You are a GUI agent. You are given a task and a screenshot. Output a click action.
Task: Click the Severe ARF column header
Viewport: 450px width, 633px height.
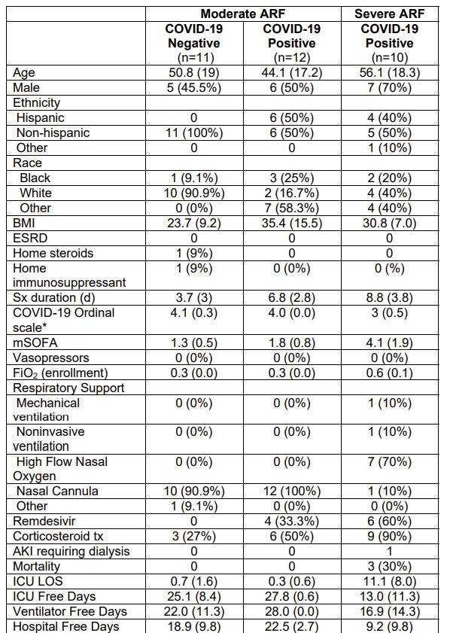[390, 14]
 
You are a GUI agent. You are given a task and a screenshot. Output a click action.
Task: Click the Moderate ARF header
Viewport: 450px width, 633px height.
[243, 14]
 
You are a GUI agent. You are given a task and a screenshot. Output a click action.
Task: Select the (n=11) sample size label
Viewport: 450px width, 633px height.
[194, 58]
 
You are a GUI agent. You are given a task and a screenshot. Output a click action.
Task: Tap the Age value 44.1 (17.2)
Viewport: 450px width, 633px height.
[292, 73]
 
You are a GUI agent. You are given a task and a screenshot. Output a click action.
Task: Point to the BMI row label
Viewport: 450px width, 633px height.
[24, 223]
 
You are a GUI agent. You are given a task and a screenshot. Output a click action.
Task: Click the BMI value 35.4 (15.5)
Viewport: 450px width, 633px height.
[292, 223]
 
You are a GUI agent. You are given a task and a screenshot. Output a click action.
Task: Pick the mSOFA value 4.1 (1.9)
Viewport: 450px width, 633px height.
[390, 342]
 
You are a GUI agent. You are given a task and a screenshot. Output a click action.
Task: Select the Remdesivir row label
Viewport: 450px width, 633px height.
[44, 521]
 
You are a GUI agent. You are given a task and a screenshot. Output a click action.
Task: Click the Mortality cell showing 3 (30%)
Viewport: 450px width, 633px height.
[390, 567]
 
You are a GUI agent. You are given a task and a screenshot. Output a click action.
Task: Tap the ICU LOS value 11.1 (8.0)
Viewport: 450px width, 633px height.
[390, 581]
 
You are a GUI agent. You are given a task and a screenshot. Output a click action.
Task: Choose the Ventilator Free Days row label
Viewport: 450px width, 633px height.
[70, 612]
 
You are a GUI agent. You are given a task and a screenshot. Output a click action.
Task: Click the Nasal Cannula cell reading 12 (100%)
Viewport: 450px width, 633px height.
[292, 491]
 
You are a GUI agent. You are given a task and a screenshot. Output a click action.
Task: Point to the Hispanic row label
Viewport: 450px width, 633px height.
[41, 118]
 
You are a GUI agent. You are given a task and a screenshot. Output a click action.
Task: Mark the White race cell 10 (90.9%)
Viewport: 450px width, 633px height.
[194, 193]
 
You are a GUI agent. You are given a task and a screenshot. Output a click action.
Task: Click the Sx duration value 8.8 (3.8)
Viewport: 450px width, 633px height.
[390, 298]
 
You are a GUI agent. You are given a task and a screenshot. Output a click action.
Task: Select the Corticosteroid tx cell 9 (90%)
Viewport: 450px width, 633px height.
[390, 537]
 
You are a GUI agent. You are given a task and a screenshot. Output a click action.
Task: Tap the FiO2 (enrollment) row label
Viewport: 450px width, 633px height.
[60, 373]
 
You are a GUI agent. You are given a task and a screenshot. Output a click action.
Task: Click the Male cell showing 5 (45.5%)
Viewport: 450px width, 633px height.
[194, 87]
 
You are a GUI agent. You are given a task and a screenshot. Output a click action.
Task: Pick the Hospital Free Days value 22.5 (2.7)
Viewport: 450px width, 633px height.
[292, 626]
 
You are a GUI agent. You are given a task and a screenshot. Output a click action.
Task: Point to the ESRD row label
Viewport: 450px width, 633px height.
[30, 238]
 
